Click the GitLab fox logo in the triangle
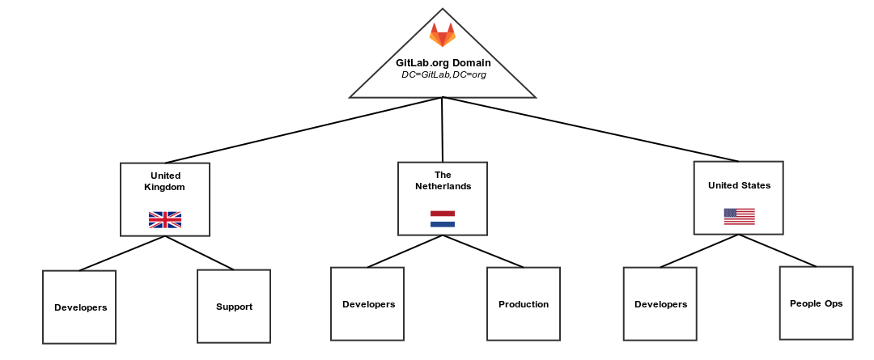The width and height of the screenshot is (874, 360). tap(443, 36)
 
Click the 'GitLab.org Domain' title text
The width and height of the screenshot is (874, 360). tap(443, 62)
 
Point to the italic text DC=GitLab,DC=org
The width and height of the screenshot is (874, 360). tap(443, 74)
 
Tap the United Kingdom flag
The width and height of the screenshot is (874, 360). tap(165, 219)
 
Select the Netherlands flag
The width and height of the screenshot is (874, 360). tap(443, 218)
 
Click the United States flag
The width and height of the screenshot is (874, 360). tap(739, 216)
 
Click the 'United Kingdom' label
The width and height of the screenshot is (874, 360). tap(165, 181)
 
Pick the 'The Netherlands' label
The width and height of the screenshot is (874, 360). tap(443, 180)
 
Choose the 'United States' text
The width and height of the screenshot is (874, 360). tap(739, 185)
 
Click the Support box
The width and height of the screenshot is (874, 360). tap(234, 307)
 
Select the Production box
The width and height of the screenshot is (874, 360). tap(524, 304)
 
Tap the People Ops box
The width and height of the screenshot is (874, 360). tap(816, 303)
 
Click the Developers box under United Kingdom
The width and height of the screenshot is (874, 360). tap(79, 307)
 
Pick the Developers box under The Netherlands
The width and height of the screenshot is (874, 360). tap(367, 304)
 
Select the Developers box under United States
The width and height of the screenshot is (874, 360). tap(660, 304)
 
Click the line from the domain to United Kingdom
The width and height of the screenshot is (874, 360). tap(303, 130)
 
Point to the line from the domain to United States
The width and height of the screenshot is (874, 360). tap(591, 129)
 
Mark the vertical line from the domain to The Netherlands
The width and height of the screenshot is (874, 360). tap(443, 129)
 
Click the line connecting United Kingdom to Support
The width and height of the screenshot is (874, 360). tap(200, 253)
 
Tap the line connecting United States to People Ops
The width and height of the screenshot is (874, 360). tap(778, 251)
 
